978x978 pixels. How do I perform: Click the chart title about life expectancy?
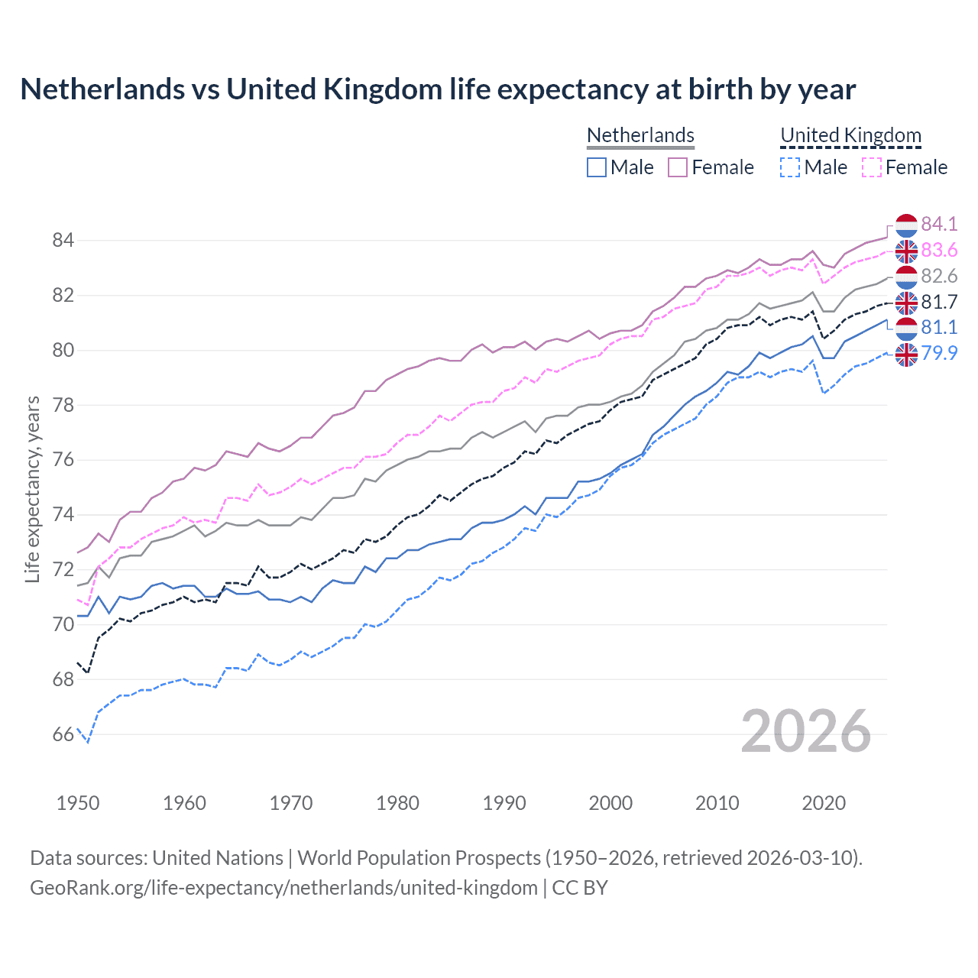tap(438, 89)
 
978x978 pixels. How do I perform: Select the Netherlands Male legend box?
tap(597, 167)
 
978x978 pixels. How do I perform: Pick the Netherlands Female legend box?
tap(678, 167)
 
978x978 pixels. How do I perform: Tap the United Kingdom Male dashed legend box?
tap(790, 167)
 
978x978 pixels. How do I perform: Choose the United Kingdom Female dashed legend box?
tap(871, 167)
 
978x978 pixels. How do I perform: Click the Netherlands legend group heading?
tap(640, 135)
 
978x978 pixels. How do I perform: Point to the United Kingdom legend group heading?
tap(850, 135)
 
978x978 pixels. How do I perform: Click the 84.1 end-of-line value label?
tap(939, 224)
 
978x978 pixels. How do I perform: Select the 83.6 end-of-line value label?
tap(939, 250)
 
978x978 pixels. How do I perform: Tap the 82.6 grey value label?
tap(939, 276)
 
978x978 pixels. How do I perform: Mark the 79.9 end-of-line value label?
tap(939, 353)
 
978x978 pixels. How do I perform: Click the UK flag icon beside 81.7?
tap(906, 303)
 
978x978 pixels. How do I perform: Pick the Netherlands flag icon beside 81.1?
tap(906, 329)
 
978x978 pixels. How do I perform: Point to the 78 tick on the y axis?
tap(63, 405)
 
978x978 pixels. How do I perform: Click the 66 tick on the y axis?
tap(63, 735)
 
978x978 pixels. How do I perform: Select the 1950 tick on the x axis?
tap(78, 803)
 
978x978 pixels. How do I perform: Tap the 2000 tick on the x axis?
tap(610, 803)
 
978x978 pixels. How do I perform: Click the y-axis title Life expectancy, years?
tap(32, 489)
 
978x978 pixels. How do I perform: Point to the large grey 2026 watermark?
tap(806, 732)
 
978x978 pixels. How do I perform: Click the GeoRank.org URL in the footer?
tap(283, 888)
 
